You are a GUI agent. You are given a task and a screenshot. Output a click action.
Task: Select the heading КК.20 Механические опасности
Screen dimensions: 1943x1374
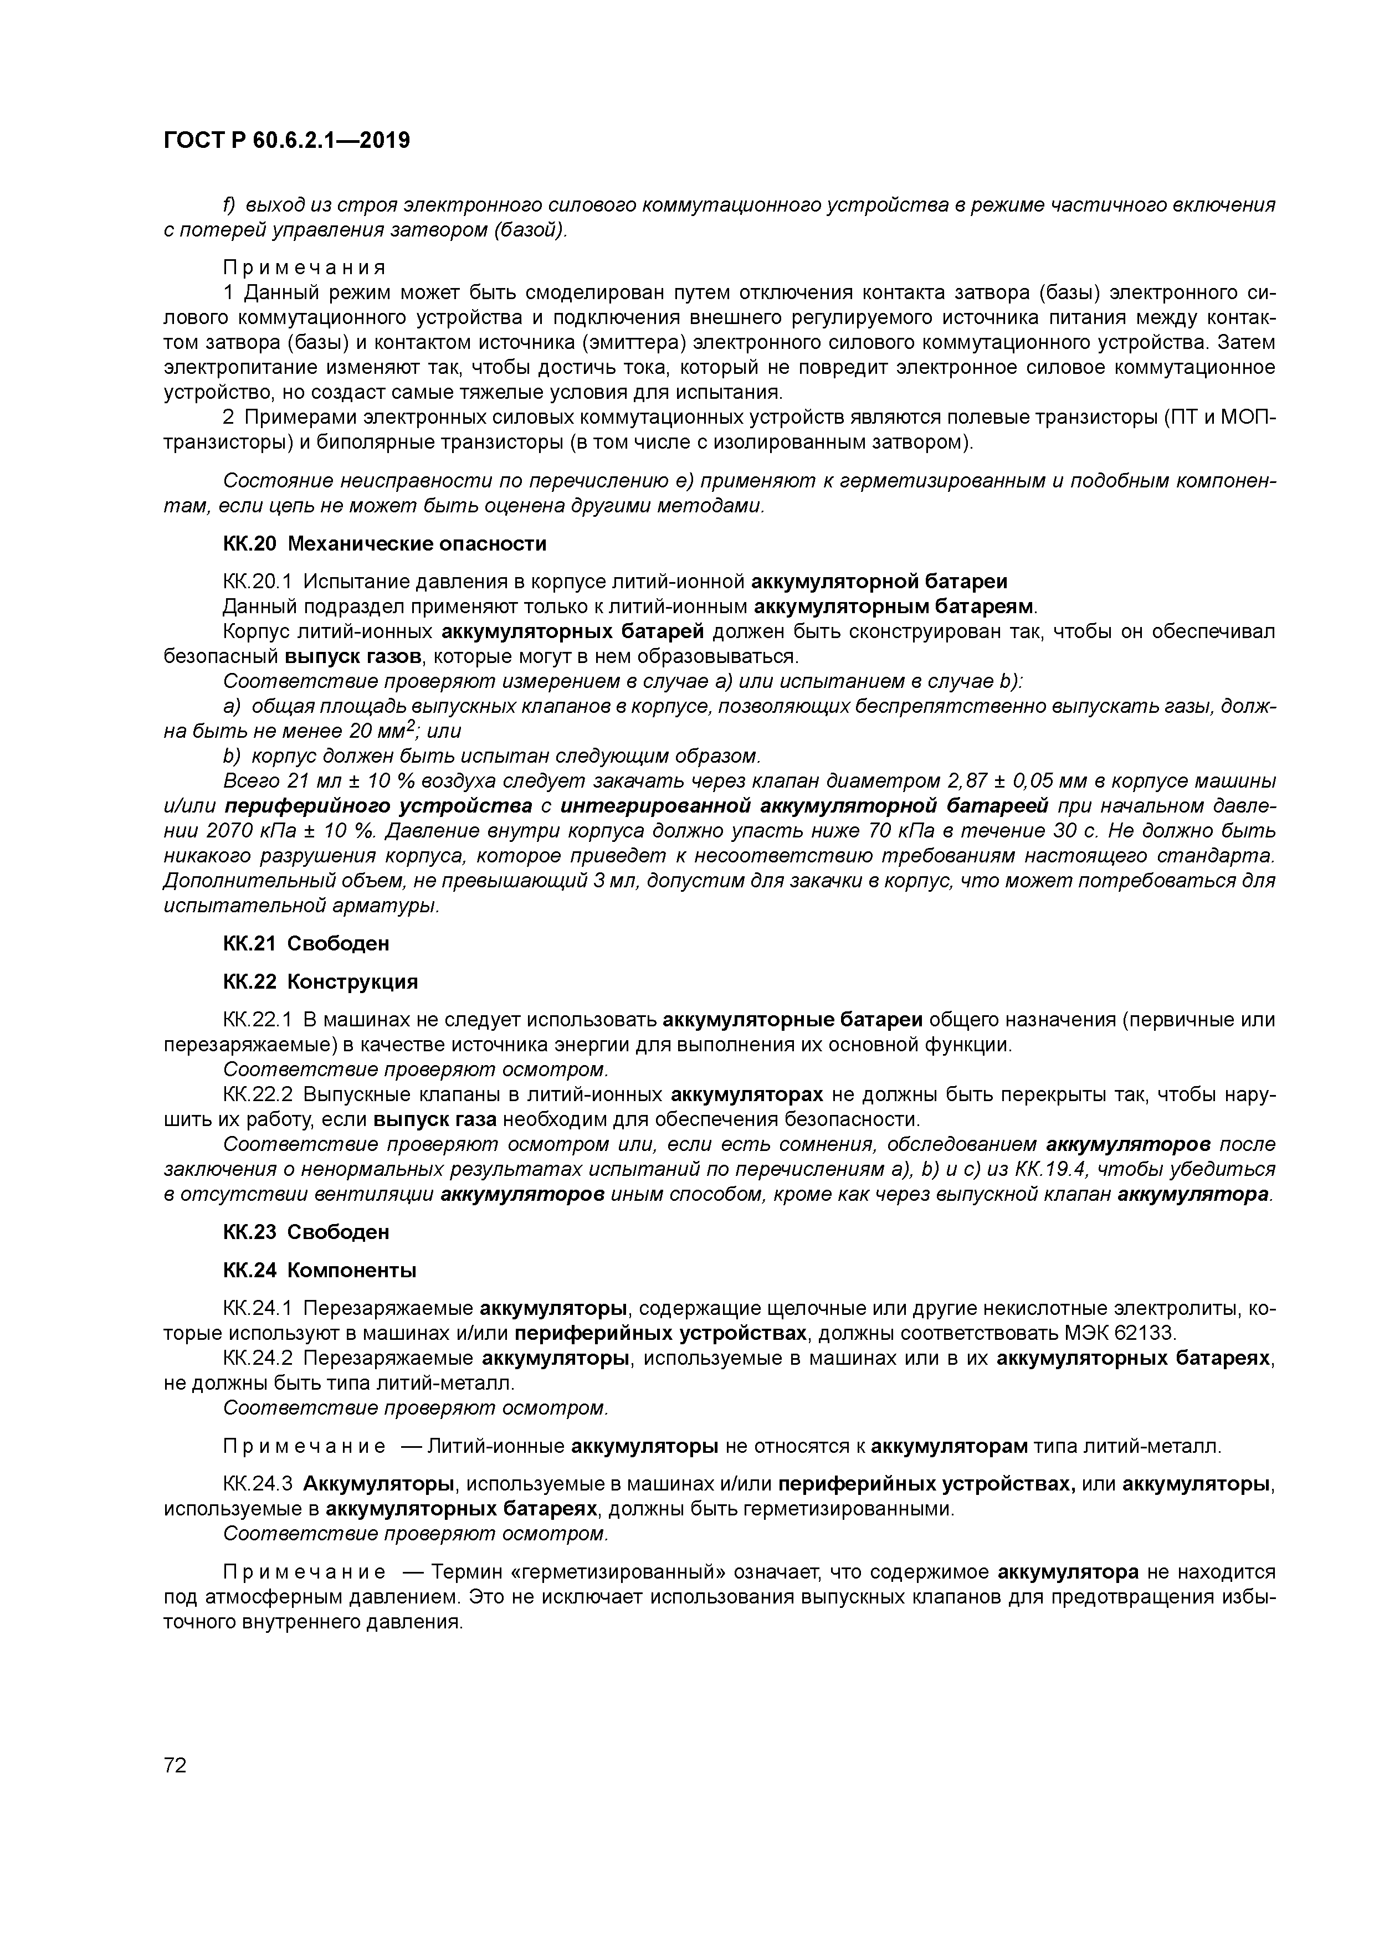384,543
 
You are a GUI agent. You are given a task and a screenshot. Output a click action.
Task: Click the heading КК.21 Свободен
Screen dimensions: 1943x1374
306,943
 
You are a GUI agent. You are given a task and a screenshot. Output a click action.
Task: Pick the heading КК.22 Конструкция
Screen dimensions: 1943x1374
320,981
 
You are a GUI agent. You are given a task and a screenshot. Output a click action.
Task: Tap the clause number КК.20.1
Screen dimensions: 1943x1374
258,582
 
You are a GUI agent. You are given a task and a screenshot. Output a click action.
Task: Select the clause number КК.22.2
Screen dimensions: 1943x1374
258,1095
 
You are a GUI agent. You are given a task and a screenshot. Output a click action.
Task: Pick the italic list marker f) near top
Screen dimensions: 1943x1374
229,205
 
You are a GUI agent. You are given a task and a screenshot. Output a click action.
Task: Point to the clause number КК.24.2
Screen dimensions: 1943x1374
258,1358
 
